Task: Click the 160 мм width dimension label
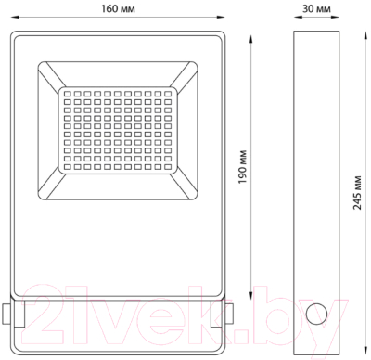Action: pyautogui.click(x=117, y=8)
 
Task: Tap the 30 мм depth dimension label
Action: pyautogui.click(x=317, y=8)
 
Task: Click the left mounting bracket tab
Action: pyautogui.click(x=7, y=315)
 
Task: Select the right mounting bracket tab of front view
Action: pyautogui.click(x=228, y=315)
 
